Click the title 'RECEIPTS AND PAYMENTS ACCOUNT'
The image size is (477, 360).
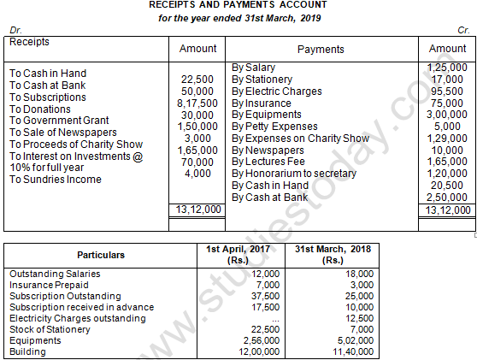pos(238,6)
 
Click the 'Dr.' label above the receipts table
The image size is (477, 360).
pos(15,30)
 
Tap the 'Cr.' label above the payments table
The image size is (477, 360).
pos(463,30)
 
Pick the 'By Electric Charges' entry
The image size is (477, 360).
pos(277,91)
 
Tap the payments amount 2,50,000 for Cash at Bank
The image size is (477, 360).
pos(448,198)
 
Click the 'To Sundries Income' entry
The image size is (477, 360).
pos(56,180)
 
